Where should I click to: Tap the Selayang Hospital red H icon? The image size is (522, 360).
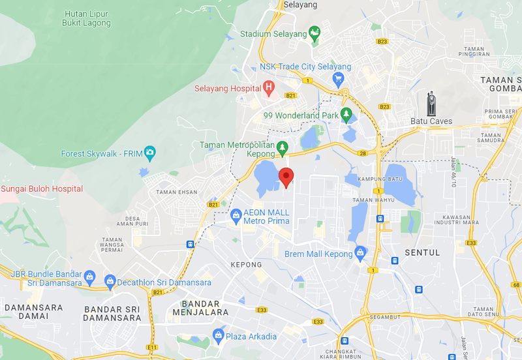[x=268, y=88]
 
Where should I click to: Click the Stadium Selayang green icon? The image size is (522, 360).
[x=315, y=33]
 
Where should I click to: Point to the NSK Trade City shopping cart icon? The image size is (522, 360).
[x=338, y=80]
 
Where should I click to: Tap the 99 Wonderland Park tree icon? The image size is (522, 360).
[x=347, y=115]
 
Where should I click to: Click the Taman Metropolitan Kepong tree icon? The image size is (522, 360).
[x=283, y=147]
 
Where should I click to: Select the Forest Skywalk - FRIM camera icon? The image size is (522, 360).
[x=150, y=154]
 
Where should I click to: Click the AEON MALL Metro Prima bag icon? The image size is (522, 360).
[x=235, y=215]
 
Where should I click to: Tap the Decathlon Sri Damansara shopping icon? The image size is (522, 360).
[x=109, y=282]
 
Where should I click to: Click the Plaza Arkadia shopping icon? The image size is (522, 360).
[x=219, y=336]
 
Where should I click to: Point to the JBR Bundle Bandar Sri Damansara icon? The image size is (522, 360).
[x=90, y=276]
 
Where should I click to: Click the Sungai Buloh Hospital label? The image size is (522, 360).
[x=42, y=189]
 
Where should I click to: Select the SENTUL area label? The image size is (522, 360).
[x=422, y=252]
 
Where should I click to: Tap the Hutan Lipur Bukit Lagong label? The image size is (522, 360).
[x=86, y=18]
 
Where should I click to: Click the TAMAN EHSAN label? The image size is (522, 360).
[x=176, y=192]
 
